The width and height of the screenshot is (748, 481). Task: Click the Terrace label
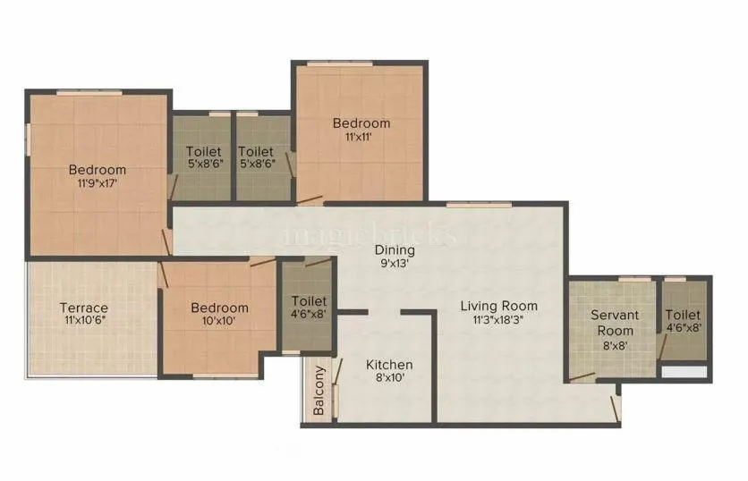(x=85, y=308)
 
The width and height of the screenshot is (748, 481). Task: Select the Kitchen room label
(x=389, y=365)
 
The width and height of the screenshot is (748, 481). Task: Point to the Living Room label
(x=499, y=307)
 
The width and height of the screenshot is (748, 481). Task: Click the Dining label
(x=395, y=250)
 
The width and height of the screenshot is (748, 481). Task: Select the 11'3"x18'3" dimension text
(x=499, y=320)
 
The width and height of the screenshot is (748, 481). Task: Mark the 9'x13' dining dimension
(x=395, y=265)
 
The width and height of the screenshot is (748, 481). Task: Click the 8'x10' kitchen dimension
(x=389, y=379)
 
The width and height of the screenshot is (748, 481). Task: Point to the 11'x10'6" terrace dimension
(x=85, y=322)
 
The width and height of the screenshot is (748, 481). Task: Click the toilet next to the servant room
(x=683, y=322)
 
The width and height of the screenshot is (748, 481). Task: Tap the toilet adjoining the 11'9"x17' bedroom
(x=203, y=158)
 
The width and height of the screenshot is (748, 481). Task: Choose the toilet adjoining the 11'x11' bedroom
(x=257, y=158)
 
